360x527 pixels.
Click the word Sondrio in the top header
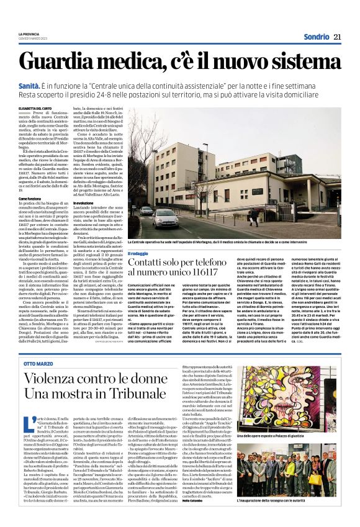tap(315, 36)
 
